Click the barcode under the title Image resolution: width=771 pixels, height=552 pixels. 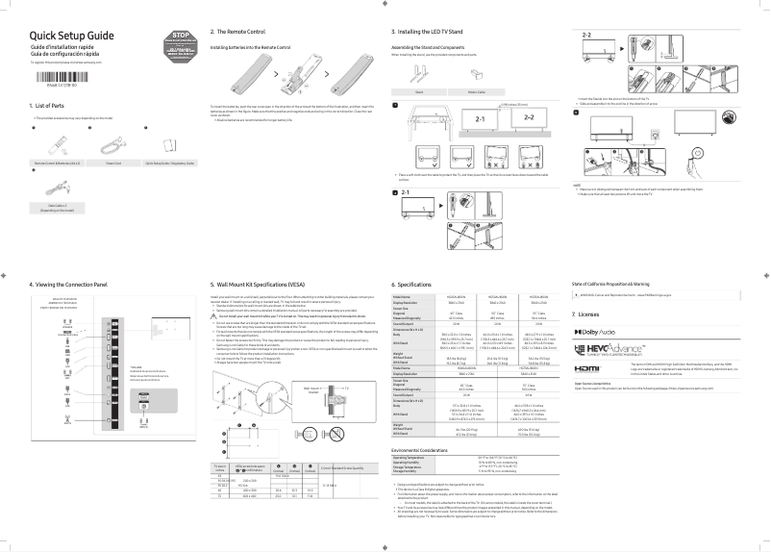[x=57, y=78]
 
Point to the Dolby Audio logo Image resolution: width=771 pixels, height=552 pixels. [x=596, y=331]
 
